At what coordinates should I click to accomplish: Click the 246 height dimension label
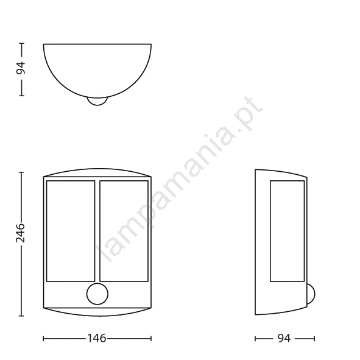20,233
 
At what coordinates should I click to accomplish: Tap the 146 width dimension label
97,338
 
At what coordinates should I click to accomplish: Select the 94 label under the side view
284,338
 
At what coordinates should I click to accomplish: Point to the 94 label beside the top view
21,68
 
